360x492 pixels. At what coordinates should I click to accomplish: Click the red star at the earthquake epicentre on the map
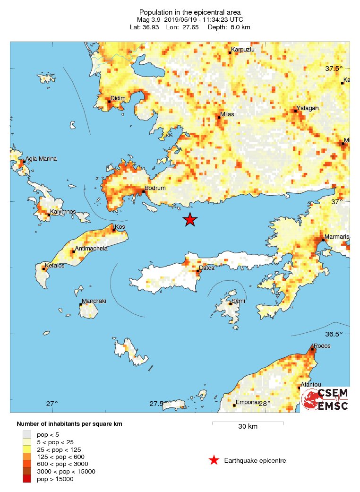tap(190, 220)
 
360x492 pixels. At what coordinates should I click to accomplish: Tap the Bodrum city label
tap(155, 188)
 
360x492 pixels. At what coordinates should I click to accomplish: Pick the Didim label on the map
tap(118, 98)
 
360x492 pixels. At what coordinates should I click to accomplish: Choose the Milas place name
tap(227, 114)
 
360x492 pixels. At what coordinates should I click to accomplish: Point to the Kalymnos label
tap(63, 212)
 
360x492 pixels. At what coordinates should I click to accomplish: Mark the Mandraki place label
tap(94, 301)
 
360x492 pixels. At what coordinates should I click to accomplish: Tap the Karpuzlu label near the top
tap(243, 50)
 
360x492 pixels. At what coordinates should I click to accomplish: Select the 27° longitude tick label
tap(52, 404)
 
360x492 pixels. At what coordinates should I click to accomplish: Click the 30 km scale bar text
tap(248, 427)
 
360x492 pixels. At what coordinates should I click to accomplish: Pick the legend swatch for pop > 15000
tap(27, 479)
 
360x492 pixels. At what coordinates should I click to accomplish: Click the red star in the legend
tap(214, 460)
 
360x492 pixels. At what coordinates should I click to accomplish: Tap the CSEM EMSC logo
tap(325, 399)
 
